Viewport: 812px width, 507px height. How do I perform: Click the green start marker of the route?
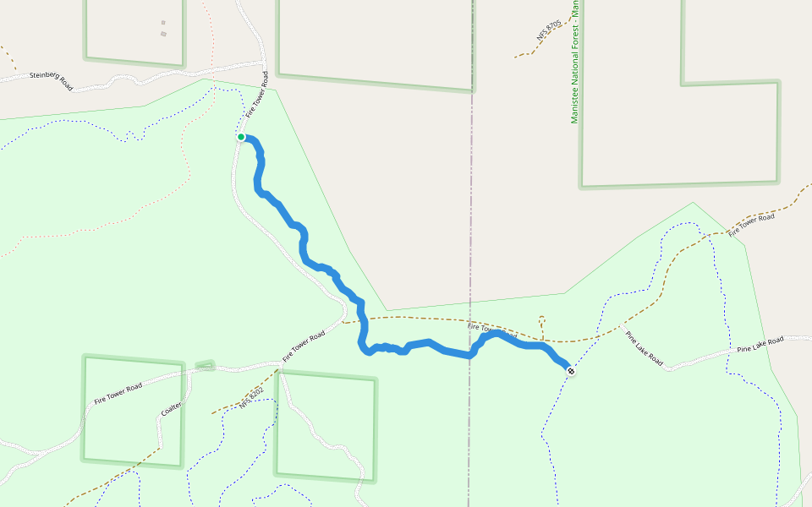pos(241,137)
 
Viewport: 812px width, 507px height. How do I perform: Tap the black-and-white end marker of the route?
pos(571,370)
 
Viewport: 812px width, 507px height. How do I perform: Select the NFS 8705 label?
pos(548,32)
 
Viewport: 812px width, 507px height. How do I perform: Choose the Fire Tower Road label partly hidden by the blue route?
pos(491,330)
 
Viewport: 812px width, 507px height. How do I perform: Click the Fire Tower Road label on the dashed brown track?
pos(751,223)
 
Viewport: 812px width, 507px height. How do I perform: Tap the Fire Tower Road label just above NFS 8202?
pos(304,346)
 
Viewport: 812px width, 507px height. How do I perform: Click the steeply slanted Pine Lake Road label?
pos(644,347)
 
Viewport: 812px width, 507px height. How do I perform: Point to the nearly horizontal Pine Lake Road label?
pos(760,344)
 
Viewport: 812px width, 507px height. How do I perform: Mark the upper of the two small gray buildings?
pos(163,23)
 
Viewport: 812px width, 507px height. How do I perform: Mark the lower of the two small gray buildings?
pos(163,34)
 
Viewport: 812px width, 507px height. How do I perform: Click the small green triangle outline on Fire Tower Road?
pos(206,366)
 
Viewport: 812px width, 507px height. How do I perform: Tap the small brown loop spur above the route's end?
pos(542,322)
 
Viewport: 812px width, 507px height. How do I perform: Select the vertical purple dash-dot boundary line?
pos(471,211)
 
